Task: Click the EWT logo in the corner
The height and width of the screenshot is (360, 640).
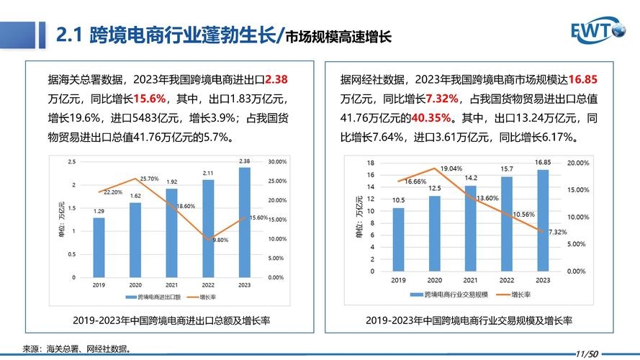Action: point(599,31)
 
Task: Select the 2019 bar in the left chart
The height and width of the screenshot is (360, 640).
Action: point(99,247)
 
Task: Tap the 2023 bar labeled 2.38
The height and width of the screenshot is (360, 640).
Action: point(245,222)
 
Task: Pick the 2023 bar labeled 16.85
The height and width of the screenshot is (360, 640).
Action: point(543,220)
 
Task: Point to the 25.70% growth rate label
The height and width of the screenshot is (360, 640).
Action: point(149,178)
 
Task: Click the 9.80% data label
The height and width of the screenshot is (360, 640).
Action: point(220,240)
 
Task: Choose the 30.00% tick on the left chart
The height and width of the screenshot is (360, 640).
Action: point(276,162)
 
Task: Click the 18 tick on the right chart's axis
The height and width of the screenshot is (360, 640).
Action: point(371,163)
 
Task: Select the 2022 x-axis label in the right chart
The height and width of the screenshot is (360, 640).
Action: point(507,280)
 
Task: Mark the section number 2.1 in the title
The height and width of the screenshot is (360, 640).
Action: point(71,35)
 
